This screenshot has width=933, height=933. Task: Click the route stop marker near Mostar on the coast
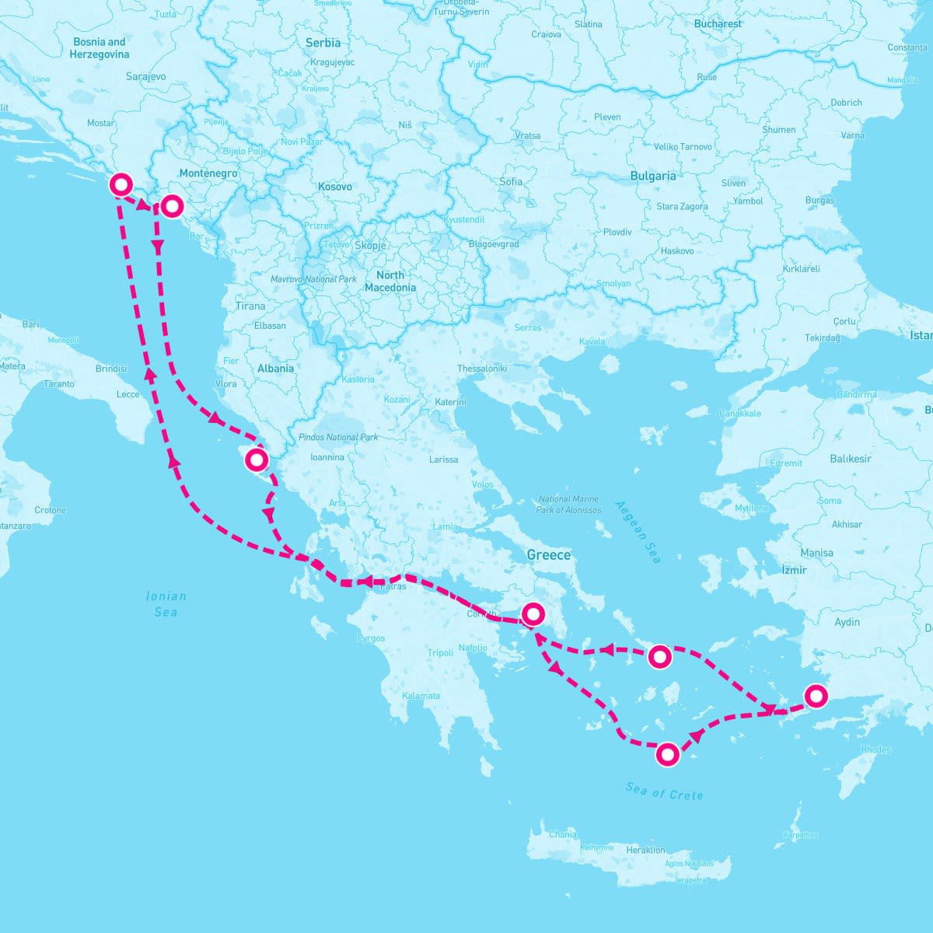(121, 184)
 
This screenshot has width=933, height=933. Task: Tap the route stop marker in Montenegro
(172, 206)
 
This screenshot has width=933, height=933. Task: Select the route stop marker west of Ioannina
(256, 460)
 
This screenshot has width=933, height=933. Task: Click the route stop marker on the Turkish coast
(816, 695)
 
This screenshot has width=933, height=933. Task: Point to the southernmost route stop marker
(667, 754)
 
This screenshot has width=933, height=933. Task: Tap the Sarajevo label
(145, 77)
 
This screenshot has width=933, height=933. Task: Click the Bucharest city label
(718, 24)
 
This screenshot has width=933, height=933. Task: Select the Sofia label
(512, 181)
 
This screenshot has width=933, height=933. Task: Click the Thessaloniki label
(482, 368)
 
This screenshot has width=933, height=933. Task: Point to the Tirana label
(250, 306)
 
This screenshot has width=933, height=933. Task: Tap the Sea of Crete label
(664, 791)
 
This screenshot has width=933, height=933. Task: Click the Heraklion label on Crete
(645, 850)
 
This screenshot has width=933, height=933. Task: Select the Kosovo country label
(335, 187)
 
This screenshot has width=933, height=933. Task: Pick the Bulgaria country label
(653, 176)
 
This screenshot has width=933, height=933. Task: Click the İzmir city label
(794, 570)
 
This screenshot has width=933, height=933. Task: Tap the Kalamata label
(421, 696)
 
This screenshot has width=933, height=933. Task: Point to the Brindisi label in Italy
(111, 369)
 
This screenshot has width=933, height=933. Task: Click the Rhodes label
(876, 750)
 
